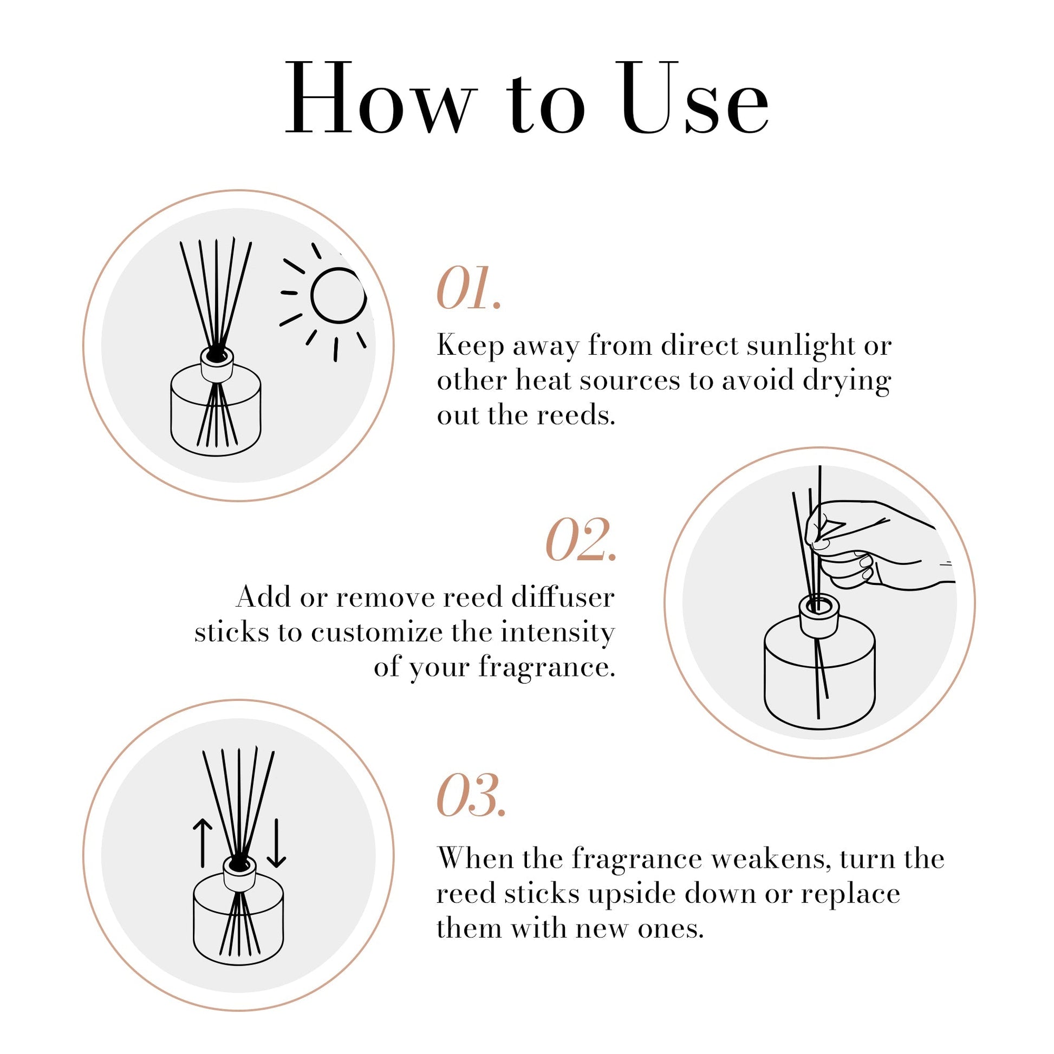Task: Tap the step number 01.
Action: click(x=468, y=289)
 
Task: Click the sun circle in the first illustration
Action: click(x=337, y=295)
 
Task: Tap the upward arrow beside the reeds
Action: click(x=203, y=842)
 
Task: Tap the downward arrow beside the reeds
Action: click(x=276, y=843)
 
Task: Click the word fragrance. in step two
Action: click(x=546, y=667)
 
